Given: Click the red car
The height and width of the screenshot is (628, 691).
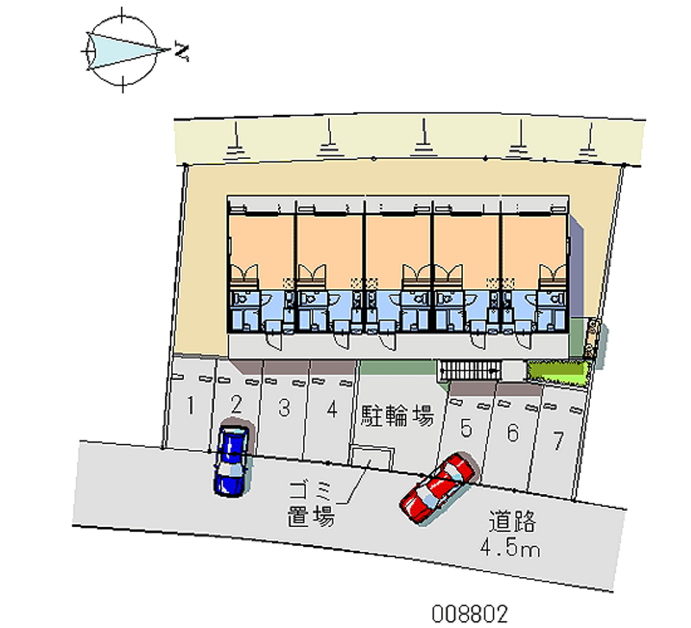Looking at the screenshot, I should pos(437,488).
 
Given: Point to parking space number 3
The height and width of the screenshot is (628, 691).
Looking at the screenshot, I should pos(283,408).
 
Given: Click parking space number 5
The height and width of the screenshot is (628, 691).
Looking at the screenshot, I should pos(466,427).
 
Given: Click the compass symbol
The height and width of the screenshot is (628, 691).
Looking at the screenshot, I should pos(124,50).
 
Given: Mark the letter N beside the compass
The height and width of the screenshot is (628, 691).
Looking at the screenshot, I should pos(181,51).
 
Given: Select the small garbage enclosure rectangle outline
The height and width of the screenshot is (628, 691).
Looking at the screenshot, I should pos(372,459).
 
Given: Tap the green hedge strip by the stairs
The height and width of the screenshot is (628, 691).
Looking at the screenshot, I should pos(556,371).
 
